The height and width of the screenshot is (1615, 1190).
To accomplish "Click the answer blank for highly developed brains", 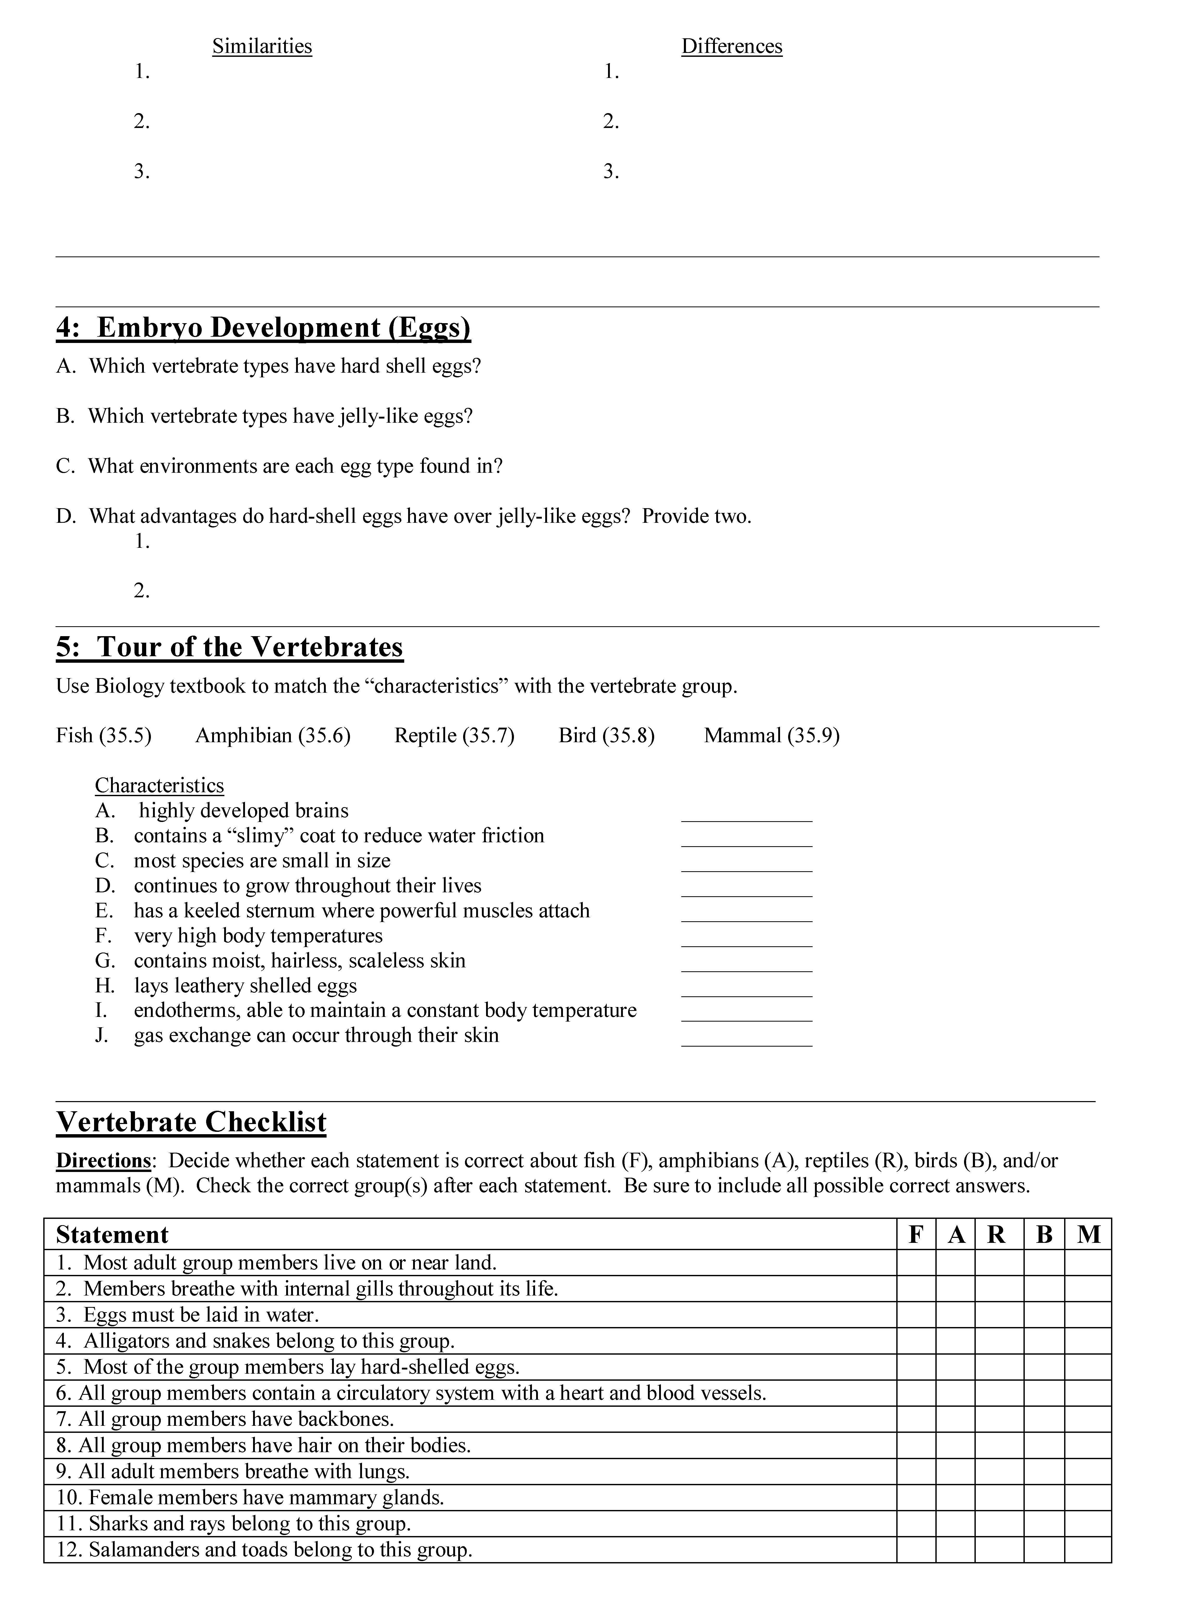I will (x=746, y=813).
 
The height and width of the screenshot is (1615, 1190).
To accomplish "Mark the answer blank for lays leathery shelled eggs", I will (x=746, y=988).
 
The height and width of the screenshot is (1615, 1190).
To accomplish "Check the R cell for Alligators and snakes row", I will (x=999, y=1341).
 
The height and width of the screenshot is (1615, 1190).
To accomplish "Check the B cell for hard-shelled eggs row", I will (x=1044, y=1367).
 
